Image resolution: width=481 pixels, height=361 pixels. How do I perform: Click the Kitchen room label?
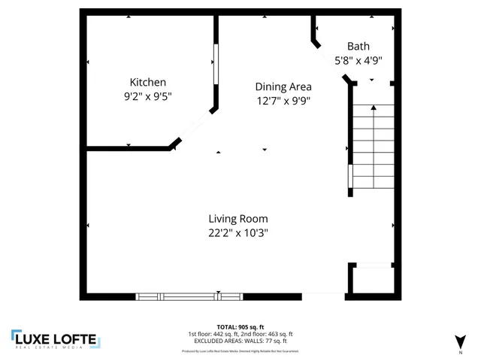(148, 82)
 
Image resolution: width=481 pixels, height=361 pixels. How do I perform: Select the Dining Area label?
(283, 86)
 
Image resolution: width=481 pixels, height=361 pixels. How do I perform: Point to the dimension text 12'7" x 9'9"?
(283, 101)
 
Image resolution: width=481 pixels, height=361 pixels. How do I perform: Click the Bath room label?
(358, 45)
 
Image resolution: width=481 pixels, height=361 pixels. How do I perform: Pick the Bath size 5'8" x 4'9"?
(358, 61)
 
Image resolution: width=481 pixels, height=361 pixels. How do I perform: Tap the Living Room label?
(238, 219)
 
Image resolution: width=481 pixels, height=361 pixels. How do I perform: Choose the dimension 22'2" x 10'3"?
(238, 233)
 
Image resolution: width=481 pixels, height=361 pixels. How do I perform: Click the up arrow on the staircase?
(374, 109)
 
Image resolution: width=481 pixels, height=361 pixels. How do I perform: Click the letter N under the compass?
(460, 352)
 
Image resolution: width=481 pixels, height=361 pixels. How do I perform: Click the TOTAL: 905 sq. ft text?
(240, 328)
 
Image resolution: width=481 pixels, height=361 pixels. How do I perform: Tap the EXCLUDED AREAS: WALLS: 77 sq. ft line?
(240, 340)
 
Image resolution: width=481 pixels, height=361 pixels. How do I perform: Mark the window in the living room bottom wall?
(178, 296)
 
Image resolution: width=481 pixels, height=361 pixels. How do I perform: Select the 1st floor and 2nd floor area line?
(240, 334)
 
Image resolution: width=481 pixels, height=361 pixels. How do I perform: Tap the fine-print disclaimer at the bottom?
(240, 351)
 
